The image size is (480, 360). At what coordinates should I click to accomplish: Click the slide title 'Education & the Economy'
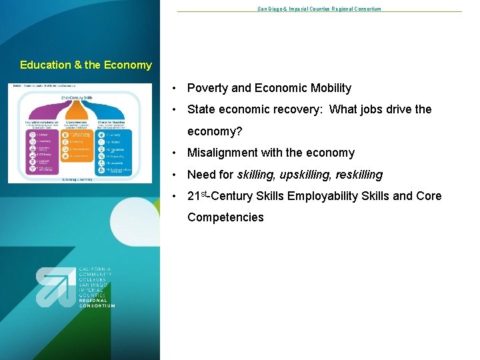86,65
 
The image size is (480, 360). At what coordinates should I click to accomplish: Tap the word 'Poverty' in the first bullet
207,88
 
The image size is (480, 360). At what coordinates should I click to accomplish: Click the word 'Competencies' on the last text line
225,217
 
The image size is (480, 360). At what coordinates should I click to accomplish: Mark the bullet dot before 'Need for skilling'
173,175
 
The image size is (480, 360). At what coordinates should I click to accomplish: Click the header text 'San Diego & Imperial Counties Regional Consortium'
319,9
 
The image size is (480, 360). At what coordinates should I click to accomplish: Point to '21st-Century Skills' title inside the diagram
75,97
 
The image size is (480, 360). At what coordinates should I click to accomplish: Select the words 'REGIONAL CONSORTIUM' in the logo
97,303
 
